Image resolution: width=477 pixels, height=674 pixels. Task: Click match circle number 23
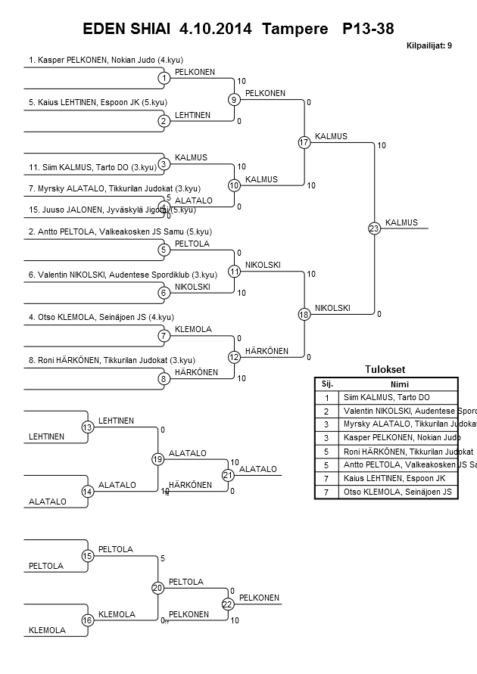[x=374, y=228]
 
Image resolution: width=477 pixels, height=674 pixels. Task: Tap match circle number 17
[x=304, y=142]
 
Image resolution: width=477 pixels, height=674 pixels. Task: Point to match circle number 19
[x=157, y=459]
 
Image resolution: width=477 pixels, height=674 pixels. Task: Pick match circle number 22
[x=227, y=604]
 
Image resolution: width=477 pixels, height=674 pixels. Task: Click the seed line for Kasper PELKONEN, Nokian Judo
[x=106, y=60]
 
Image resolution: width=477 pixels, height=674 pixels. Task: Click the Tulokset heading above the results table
[x=385, y=370]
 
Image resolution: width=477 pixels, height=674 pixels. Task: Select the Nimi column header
[x=397, y=384]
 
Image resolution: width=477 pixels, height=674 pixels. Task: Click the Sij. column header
[x=327, y=384]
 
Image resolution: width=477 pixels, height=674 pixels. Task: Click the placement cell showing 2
[x=327, y=411]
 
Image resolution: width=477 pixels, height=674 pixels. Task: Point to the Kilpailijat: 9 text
[x=429, y=45]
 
